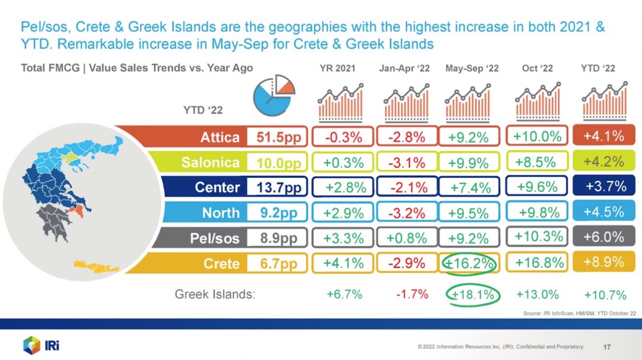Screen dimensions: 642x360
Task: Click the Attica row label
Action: click(219, 137)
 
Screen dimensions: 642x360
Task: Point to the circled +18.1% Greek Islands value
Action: click(472, 295)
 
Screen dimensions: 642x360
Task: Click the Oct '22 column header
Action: click(537, 69)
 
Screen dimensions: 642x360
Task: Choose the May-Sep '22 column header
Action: click(472, 69)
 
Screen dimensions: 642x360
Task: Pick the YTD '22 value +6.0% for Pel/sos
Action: click(604, 237)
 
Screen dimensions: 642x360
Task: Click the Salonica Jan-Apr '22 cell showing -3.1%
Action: click(406, 163)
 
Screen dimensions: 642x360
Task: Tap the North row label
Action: click(221, 213)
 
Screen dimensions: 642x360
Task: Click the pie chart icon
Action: click(274, 96)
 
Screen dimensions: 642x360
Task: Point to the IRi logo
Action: click(42, 345)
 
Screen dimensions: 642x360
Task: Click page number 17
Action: click(607, 347)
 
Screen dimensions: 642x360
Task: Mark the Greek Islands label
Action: click(215, 294)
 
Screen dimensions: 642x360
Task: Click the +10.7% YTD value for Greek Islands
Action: click(605, 295)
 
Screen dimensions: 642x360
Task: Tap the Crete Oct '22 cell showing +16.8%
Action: click(537, 263)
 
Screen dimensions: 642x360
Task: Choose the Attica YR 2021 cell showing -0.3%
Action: click(343, 137)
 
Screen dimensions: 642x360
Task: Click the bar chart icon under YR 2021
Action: click(341, 103)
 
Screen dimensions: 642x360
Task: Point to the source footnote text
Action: click(580, 313)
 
